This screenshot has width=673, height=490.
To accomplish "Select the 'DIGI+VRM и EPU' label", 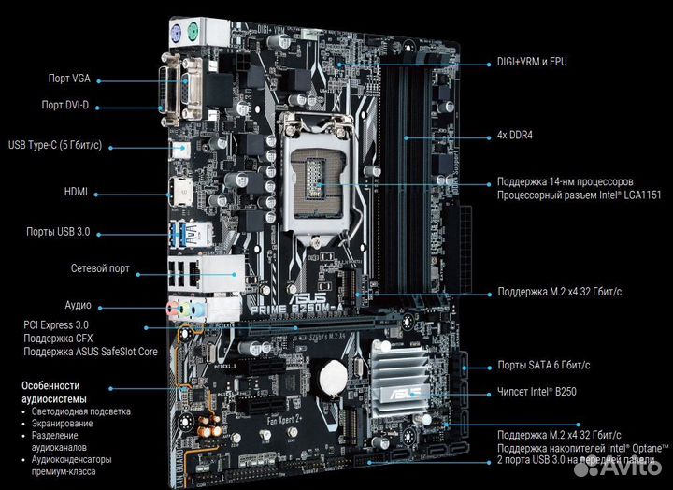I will (532, 63).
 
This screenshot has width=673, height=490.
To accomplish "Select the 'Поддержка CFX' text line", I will (57, 339).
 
